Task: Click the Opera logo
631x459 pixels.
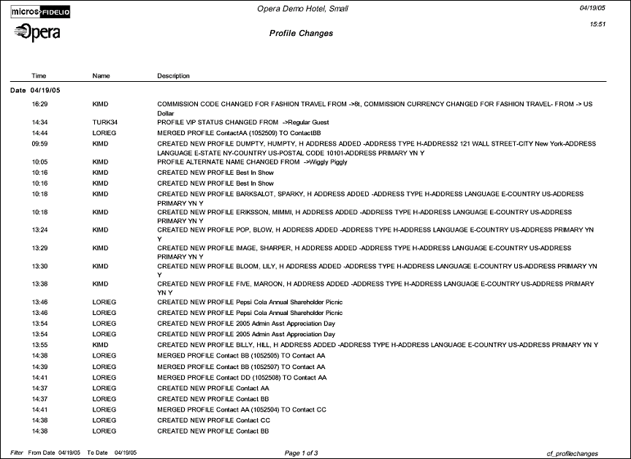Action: click(37, 32)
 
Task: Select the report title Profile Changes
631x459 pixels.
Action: click(301, 34)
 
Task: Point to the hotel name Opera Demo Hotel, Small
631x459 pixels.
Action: click(302, 9)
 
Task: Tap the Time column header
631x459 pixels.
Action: click(39, 76)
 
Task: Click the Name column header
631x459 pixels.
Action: click(101, 76)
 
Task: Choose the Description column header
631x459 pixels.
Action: click(173, 76)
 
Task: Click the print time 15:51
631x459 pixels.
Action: click(597, 24)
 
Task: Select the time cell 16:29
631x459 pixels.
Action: click(39, 105)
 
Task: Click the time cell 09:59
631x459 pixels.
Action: click(39, 145)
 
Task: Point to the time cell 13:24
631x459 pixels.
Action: click(39, 229)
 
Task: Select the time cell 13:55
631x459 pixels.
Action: click(39, 345)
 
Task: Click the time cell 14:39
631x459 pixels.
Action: click(39, 367)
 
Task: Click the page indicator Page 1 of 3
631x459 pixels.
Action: click(301, 454)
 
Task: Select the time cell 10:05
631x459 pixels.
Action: click(39, 162)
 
